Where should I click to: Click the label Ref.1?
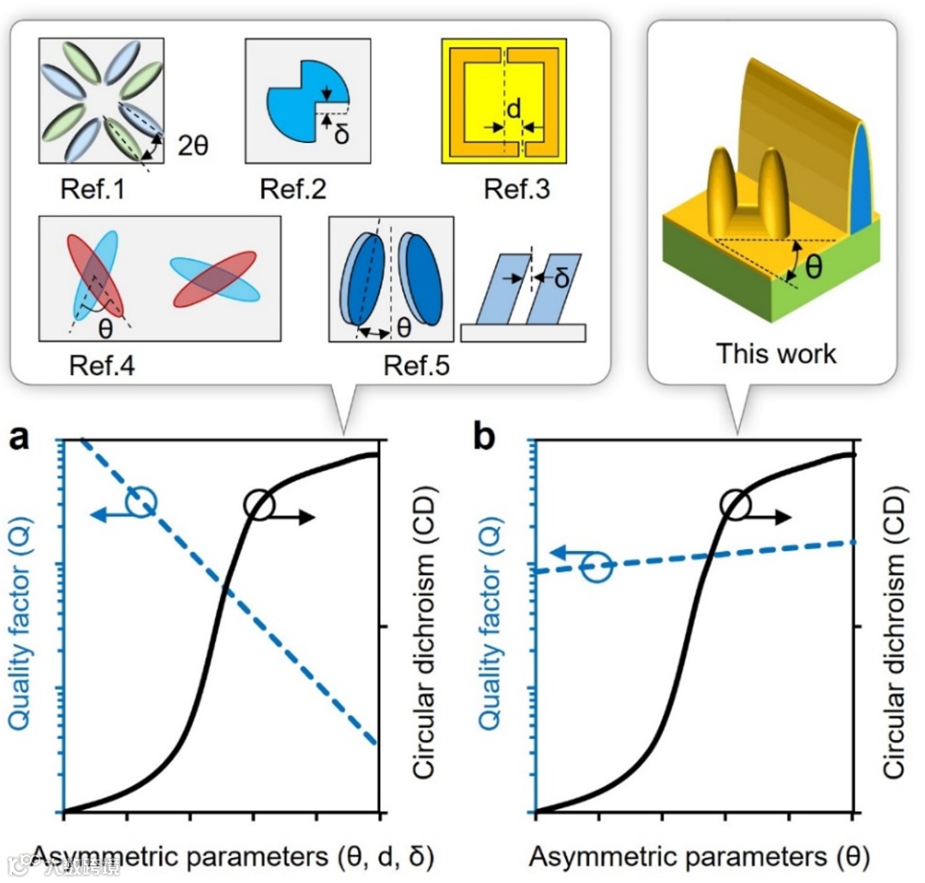click(92, 188)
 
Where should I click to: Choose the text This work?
click(776, 353)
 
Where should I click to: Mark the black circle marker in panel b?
click(735, 504)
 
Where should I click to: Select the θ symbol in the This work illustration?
click(815, 266)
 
